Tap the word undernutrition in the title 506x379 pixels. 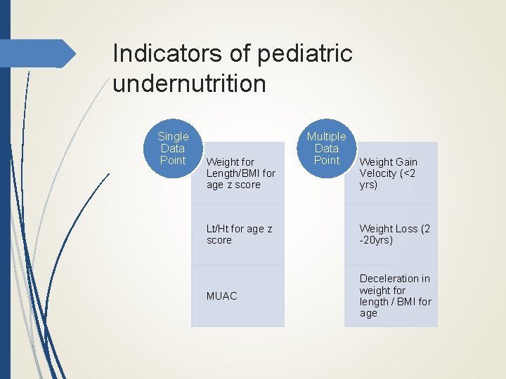click(189, 84)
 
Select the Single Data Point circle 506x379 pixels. click(173, 148)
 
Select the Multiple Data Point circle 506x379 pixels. click(327, 148)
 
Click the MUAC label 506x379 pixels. click(222, 296)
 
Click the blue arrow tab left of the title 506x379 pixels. click(42, 53)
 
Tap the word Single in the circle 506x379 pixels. click(173, 137)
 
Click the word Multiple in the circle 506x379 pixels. click(327, 137)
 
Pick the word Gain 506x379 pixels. click(406, 162)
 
